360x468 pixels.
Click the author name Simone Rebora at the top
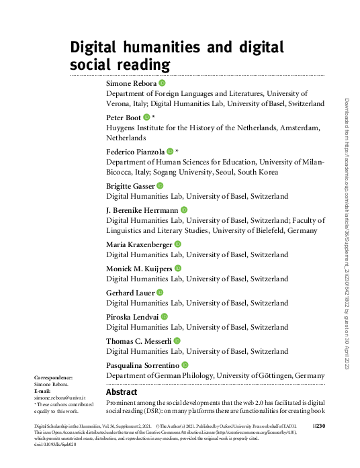[132, 83]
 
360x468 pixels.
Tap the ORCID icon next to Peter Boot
[147, 117]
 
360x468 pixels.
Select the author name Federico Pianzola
[136, 151]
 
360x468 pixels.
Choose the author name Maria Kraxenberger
[140, 244]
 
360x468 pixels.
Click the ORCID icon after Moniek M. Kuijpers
[178, 268]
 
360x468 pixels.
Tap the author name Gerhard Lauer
[130, 292]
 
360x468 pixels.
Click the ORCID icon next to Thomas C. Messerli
[177, 341]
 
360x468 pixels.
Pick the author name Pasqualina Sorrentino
[143, 364]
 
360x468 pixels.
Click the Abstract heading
[122, 391]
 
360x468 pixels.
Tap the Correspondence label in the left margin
[53, 378]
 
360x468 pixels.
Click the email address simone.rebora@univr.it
[57, 397]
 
